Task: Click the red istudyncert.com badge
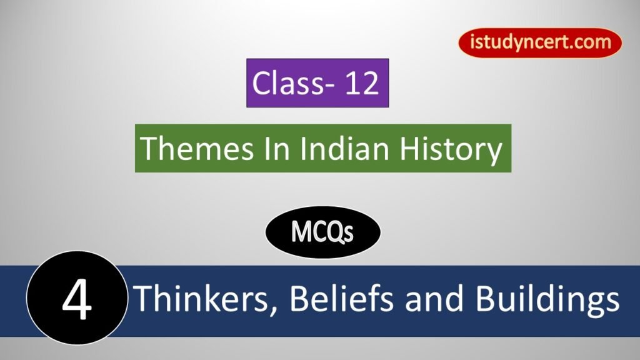[540, 43]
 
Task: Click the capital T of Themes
[148, 149]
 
